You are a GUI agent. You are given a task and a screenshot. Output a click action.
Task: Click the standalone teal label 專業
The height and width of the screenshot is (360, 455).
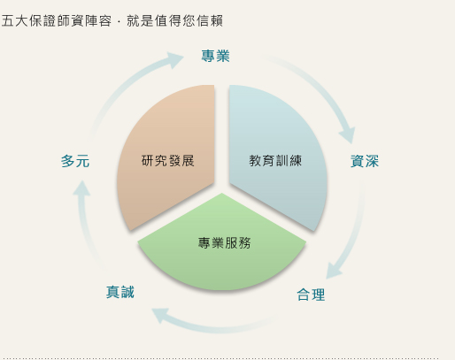click(215, 56)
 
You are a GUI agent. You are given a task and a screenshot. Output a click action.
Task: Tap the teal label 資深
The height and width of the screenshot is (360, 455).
click(365, 161)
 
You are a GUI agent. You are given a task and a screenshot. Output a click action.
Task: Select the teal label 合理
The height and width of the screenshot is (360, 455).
click(311, 295)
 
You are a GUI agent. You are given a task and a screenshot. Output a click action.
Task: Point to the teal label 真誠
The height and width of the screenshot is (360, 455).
click(120, 292)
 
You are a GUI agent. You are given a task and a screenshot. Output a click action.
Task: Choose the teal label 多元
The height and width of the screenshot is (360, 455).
click(75, 161)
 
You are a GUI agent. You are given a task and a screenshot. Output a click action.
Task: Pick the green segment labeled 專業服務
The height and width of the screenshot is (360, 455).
click(222, 245)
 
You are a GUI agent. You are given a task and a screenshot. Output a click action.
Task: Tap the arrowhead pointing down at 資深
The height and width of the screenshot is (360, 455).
click(347, 135)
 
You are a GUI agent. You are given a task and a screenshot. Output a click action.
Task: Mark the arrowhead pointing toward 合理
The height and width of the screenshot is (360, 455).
click(334, 272)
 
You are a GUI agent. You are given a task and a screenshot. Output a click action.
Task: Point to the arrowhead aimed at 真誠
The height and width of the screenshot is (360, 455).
click(160, 315)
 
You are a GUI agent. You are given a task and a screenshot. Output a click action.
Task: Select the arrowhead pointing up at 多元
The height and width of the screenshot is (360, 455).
click(81, 188)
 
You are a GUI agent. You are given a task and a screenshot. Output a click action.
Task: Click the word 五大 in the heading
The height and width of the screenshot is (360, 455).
click(15, 21)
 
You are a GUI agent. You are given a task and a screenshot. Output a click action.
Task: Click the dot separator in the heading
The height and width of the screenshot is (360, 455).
click(119, 21)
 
